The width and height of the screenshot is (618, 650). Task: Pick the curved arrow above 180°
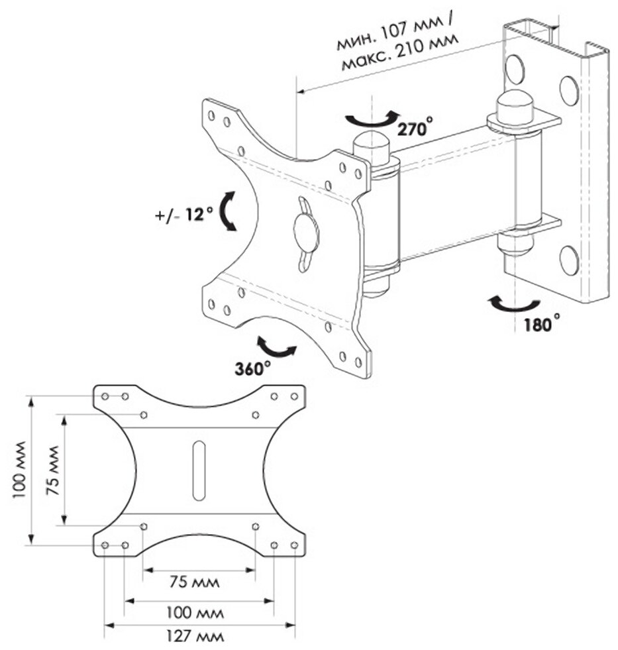coord(513,304)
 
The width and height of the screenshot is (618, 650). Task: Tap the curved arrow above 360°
coord(276,347)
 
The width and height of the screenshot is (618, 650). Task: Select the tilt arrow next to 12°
coord(229,212)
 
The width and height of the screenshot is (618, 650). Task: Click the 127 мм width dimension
coord(195,637)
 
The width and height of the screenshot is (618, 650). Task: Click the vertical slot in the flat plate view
coord(199,470)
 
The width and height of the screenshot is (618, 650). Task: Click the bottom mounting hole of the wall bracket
coord(569,260)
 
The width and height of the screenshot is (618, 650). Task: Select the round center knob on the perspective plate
coord(306,233)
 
